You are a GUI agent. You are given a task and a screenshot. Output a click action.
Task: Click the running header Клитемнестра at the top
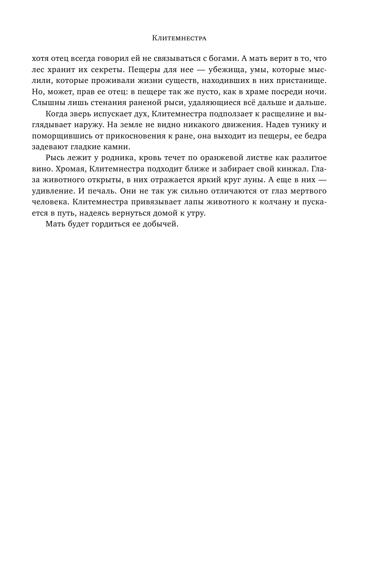179,38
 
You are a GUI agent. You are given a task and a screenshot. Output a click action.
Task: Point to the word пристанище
298,81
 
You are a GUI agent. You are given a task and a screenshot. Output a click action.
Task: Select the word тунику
301,125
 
